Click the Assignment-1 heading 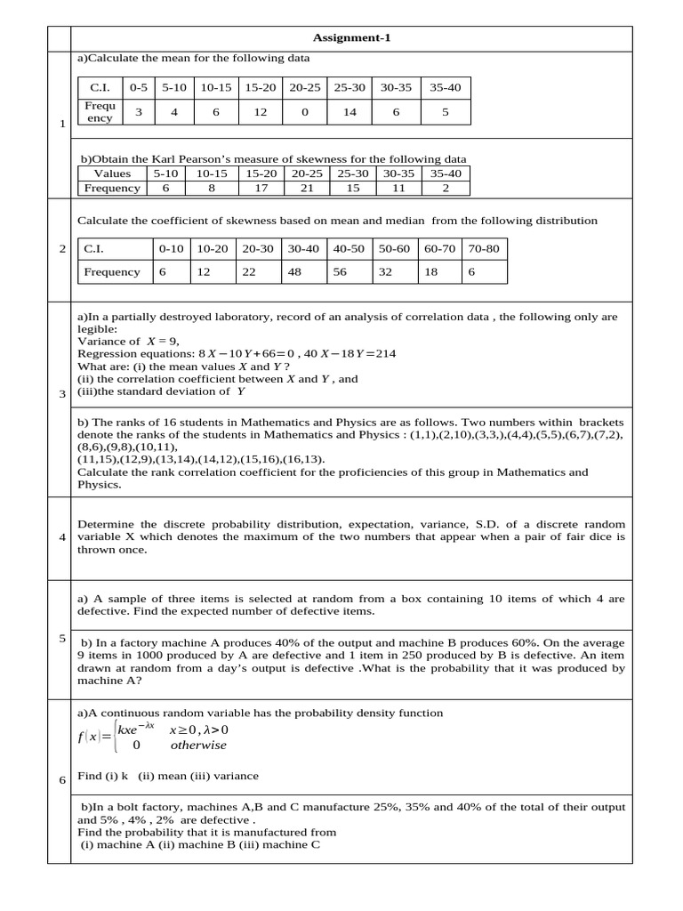[351, 37]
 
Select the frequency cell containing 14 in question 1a [350, 112]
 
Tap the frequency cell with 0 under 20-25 [305, 112]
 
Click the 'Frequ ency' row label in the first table [99, 112]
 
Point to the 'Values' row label [112, 173]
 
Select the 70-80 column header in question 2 [483, 249]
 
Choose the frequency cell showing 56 [340, 272]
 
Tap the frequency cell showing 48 [293, 272]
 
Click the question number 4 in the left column [62, 537]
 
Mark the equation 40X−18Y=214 [350, 353]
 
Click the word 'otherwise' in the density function [198, 746]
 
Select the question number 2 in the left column [62, 249]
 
